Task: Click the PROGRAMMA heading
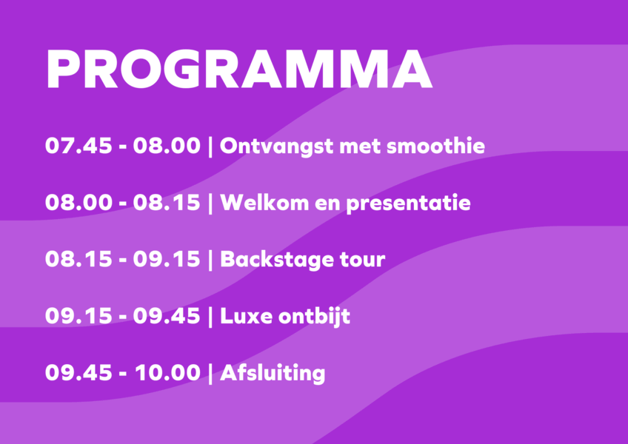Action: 239,69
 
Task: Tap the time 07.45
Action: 78,146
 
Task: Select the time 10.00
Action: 167,373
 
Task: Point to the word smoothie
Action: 435,146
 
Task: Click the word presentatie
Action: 408,203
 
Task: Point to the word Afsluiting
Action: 273,374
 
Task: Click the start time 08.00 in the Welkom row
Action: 78,203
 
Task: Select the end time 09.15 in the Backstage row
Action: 167,260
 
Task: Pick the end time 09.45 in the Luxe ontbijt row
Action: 167,316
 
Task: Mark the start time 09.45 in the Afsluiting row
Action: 78,373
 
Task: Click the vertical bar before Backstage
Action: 210,260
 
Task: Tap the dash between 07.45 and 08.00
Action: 122,147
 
